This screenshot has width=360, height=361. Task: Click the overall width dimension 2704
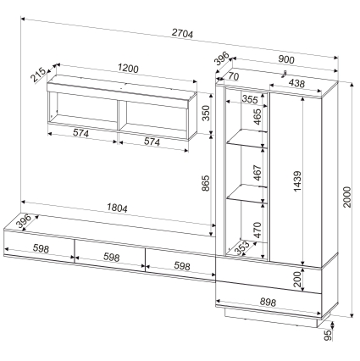pyautogui.click(x=182, y=34)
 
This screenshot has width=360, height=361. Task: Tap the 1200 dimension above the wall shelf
pyautogui.click(x=128, y=69)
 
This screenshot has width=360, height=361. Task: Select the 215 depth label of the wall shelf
pyautogui.click(x=38, y=75)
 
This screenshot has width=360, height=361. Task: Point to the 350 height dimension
pyautogui.click(x=207, y=113)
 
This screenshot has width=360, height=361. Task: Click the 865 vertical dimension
pyautogui.click(x=206, y=183)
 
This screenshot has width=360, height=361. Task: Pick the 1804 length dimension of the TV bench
pyautogui.click(x=117, y=208)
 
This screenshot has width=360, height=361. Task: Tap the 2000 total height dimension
pyautogui.click(x=347, y=197)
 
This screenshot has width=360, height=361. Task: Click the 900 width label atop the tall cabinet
pyautogui.click(x=286, y=59)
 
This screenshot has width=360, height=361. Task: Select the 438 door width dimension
pyautogui.click(x=296, y=83)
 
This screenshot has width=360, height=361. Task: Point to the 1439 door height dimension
pyautogui.click(x=297, y=181)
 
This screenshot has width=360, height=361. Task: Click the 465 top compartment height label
pyautogui.click(x=258, y=117)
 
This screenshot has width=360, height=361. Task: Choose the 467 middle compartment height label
pyautogui.click(x=258, y=173)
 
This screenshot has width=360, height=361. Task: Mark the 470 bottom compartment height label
pyautogui.click(x=258, y=230)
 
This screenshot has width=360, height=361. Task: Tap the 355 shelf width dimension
pyautogui.click(x=250, y=99)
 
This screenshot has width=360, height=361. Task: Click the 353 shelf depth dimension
pyautogui.click(x=242, y=247)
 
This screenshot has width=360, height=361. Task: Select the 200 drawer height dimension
pyautogui.click(x=297, y=280)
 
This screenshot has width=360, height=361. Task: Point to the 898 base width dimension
pyautogui.click(x=267, y=303)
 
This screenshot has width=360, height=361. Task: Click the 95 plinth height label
pyautogui.click(x=328, y=336)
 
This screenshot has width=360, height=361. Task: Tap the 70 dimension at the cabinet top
pyautogui.click(x=234, y=76)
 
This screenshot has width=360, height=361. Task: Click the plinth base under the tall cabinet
pyautogui.click(x=272, y=318)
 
